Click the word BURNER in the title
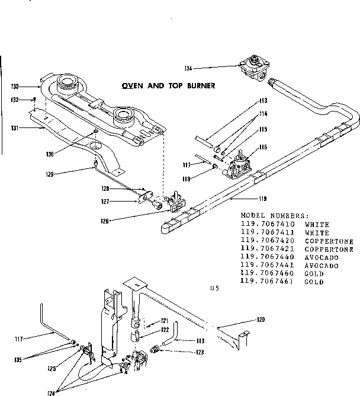pyautogui.click(x=197, y=85)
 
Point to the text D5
pyautogui.click(x=215, y=289)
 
